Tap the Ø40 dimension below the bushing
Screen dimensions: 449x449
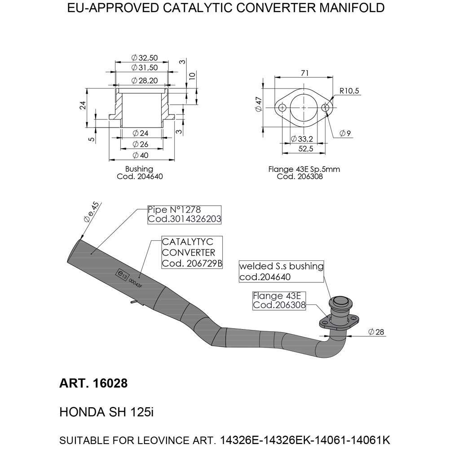pos(142,155)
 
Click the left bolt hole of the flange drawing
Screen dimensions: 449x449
pos(282,108)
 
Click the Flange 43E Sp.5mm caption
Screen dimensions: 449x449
pos(304,170)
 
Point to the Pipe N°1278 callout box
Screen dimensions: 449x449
pos(184,215)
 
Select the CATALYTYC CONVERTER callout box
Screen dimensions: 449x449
pos(192,252)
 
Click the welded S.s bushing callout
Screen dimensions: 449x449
pos(281,271)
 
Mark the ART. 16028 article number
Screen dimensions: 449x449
pos(93,384)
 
